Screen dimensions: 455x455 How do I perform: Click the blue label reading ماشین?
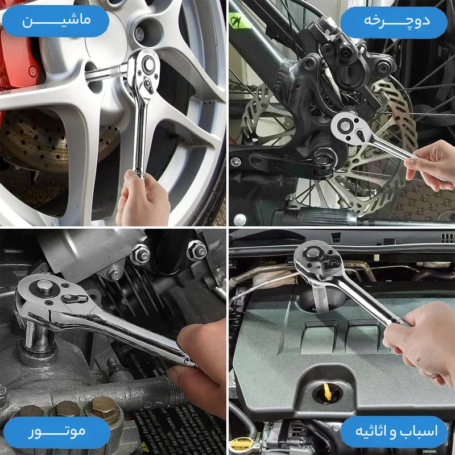point(55,21)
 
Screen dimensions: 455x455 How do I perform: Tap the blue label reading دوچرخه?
point(394,23)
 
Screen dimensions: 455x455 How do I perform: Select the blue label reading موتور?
point(57,432)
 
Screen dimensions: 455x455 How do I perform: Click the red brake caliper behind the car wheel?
point(18,58)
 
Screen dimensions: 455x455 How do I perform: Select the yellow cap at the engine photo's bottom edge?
point(241,445)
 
